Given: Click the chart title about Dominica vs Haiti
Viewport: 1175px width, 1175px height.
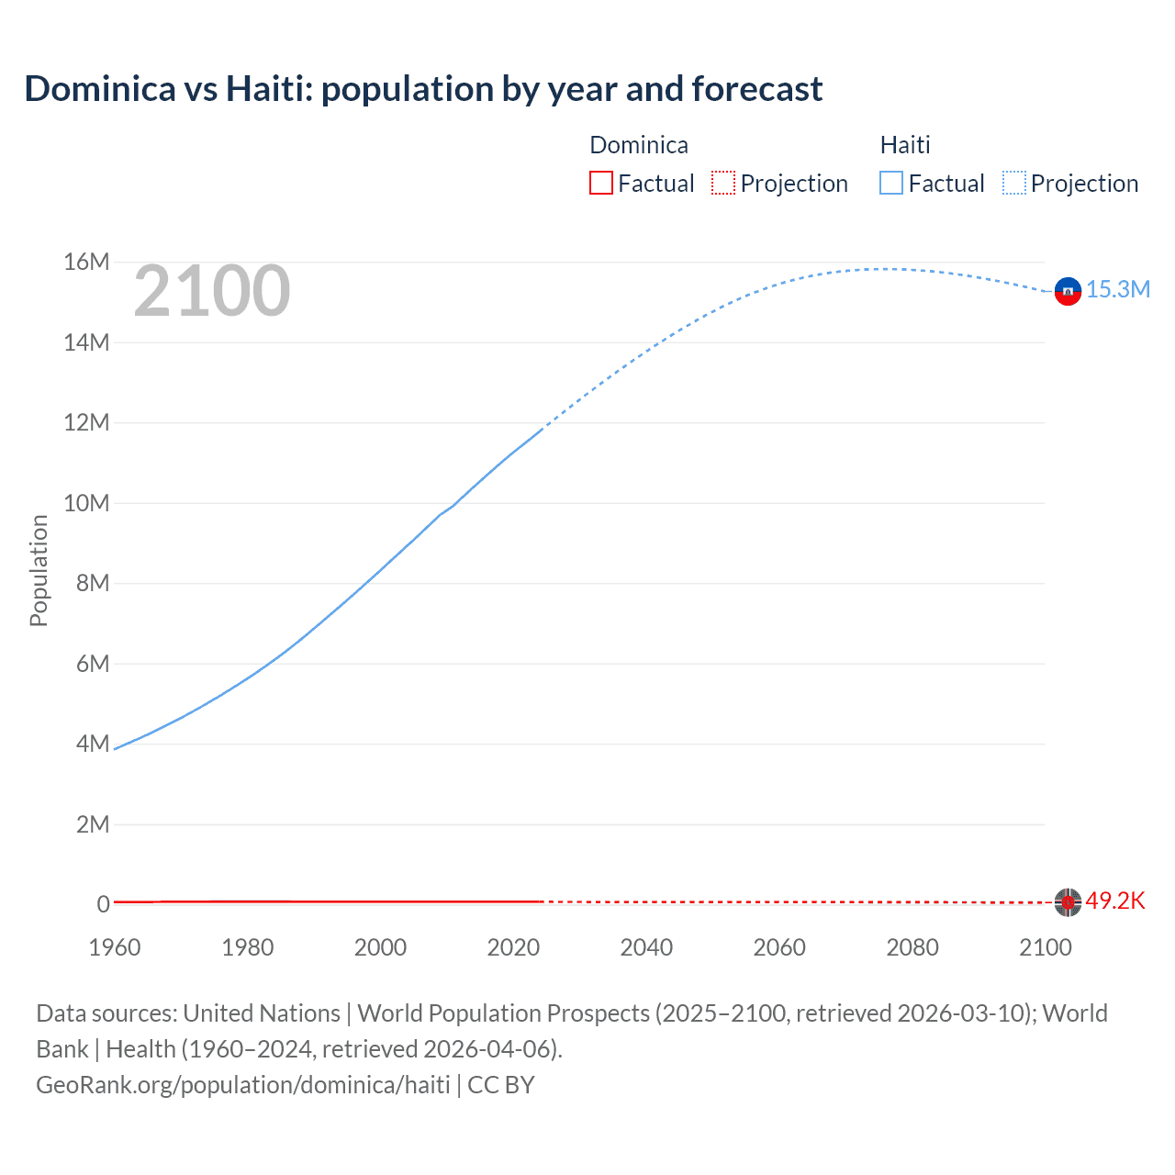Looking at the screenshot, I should pos(423,89).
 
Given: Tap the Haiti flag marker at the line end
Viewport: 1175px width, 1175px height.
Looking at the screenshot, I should pos(1068,291).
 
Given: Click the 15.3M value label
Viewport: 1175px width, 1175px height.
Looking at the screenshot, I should pos(1118,290).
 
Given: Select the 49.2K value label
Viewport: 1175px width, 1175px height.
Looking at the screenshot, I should pos(1115,901).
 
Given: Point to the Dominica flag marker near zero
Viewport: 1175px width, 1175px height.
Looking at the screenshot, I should pos(1068,902).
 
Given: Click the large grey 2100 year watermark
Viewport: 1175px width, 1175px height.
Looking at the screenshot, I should pos(212,291).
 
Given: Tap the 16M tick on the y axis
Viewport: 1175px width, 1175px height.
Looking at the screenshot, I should pos(86,263).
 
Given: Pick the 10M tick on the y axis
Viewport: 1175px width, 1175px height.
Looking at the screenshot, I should pos(86,503).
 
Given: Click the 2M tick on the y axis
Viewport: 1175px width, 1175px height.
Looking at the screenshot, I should pos(92,824).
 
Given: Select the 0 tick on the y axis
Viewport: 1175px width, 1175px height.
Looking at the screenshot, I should pos(103,904).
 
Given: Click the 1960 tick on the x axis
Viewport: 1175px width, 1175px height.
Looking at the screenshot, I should pos(115,947).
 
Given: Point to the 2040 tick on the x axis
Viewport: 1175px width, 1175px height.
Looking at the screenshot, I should pos(646,947).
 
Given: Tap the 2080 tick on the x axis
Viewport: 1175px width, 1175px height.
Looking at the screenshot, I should pos(912,947).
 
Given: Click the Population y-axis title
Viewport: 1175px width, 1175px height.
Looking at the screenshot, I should pos(39,570).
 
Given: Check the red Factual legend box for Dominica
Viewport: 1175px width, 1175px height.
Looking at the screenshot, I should pos(601,184).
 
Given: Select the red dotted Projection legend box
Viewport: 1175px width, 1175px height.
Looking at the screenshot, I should pos(723,184).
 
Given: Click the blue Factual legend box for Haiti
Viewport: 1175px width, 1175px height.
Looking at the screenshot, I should pos(891,184).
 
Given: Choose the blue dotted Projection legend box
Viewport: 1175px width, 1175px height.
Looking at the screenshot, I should pos(1014,184).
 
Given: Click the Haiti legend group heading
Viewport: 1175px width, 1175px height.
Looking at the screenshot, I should pos(905,145).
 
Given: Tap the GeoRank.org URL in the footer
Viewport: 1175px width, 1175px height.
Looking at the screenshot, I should pos(243,1085).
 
